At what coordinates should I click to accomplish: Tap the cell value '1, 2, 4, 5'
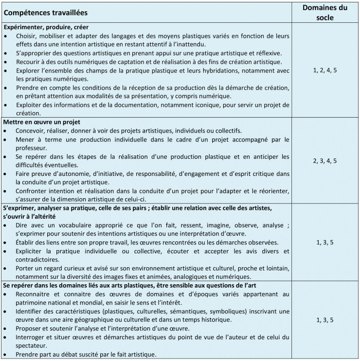coord(324,70)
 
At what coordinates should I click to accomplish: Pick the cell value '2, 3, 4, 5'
coord(324,160)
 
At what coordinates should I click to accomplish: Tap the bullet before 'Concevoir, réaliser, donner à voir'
coord(6,130)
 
